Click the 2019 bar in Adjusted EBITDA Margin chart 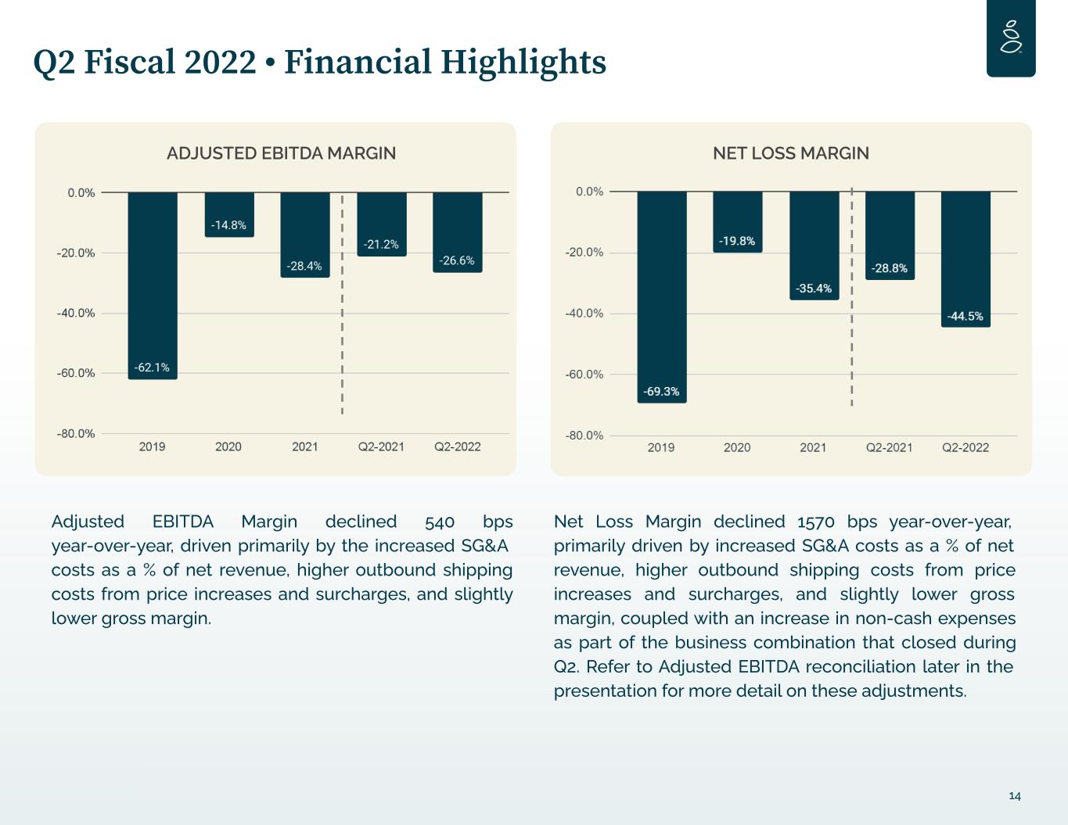tap(153, 285)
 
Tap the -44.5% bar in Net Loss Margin tap(966, 258)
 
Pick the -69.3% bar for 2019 tap(661, 297)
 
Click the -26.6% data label tap(457, 260)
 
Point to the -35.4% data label tap(814, 289)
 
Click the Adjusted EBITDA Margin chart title tap(281, 153)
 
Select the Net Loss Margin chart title tap(790, 153)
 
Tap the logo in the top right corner tap(1011, 38)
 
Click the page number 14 tap(1015, 796)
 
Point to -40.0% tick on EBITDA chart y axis tap(76, 313)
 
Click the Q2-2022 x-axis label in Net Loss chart tap(965, 447)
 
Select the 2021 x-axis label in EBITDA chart tap(305, 447)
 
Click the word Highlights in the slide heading tap(523, 62)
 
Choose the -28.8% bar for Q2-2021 tap(890, 235)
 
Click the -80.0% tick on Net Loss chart tap(584, 436)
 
